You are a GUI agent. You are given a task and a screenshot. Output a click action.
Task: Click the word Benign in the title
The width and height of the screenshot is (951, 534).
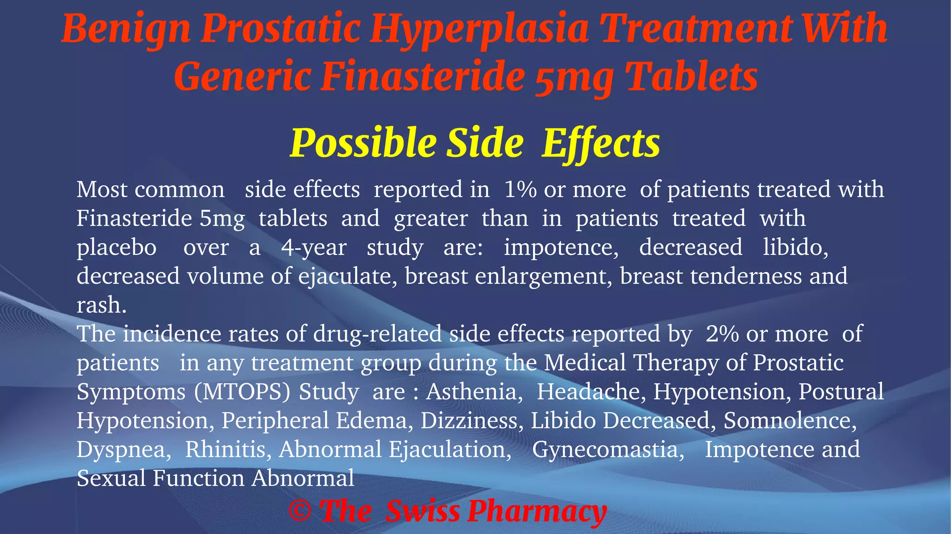(x=125, y=29)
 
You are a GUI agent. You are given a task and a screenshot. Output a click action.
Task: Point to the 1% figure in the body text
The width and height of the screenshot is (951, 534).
(x=520, y=189)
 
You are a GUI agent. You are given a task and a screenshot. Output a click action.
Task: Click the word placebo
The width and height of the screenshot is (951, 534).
(x=117, y=247)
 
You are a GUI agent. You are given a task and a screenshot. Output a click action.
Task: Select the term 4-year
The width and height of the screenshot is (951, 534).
(x=314, y=247)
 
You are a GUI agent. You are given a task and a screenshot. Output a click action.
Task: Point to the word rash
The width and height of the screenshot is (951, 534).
(x=101, y=306)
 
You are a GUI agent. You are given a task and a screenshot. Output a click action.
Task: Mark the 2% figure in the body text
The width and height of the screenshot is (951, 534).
(x=722, y=334)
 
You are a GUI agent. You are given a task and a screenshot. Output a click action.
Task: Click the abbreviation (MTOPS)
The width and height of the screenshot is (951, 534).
(x=242, y=392)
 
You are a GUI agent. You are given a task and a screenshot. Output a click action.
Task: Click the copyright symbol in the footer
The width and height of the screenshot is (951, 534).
(x=300, y=511)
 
